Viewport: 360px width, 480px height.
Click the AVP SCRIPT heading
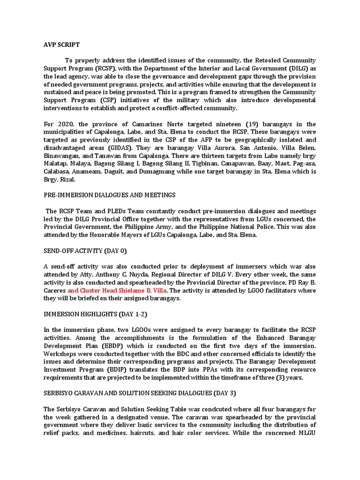[x=59, y=45]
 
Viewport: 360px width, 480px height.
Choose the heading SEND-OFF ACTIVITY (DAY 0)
[x=83, y=250]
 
